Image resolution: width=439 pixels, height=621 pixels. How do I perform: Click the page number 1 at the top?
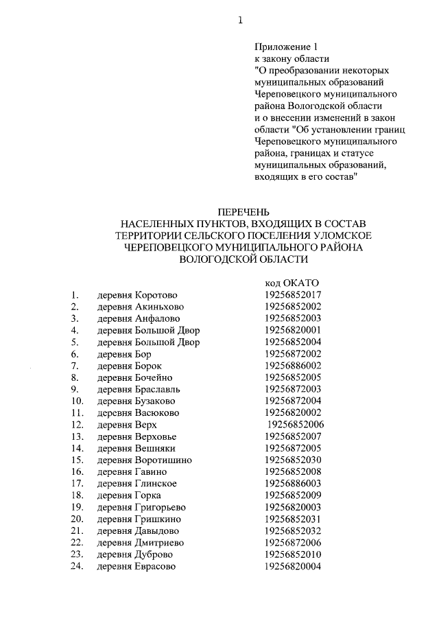click(240, 20)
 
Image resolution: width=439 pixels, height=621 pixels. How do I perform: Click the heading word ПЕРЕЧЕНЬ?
click(239, 211)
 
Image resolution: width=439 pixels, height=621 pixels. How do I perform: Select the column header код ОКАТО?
click(292, 283)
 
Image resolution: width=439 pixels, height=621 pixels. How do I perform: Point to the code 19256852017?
click(293, 295)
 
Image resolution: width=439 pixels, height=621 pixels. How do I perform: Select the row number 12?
click(77, 425)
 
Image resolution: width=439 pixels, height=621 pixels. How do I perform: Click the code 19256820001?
click(293, 330)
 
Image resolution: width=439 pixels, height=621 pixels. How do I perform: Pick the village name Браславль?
click(159, 389)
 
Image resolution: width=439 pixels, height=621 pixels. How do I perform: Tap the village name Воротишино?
click(163, 460)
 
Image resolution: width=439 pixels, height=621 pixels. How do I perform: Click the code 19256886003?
click(293, 484)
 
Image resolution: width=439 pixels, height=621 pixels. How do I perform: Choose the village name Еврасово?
click(156, 566)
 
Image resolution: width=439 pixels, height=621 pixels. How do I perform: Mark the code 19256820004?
click(293, 566)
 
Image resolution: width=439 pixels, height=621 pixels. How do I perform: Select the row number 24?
click(77, 566)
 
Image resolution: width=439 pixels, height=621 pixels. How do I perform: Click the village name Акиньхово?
click(159, 307)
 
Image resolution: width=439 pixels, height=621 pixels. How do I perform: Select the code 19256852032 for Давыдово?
click(293, 530)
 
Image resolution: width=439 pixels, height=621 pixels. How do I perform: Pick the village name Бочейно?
click(154, 377)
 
